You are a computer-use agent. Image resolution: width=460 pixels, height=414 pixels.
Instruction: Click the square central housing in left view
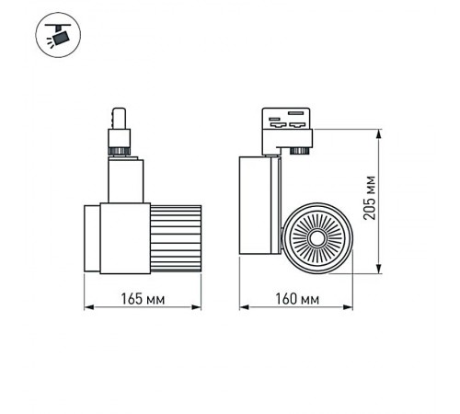pyautogui.click(x=121, y=236)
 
